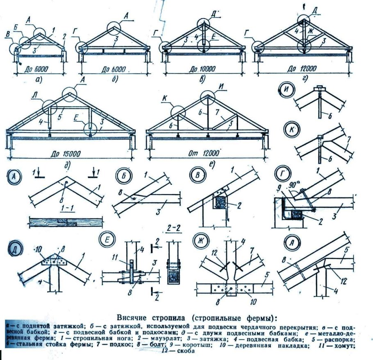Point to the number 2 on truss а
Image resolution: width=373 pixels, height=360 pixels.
click(64, 36)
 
